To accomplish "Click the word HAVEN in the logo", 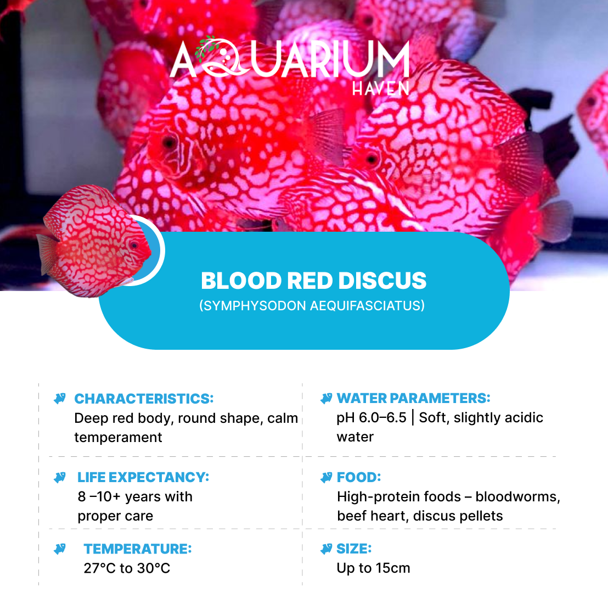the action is pyautogui.click(x=381, y=88).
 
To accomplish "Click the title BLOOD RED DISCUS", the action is pyautogui.click(x=314, y=281).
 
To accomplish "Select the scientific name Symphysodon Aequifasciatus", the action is pyautogui.click(x=312, y=305).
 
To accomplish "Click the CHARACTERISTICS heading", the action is pyautogui.click(x=144, y=399).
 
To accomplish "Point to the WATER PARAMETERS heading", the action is pyautogui.click(x=414, y=398).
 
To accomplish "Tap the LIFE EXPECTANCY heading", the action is pyautogui.click(x=143, y=477).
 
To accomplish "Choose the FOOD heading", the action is pyautogui.click(x=359, y=477).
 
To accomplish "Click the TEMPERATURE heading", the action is pyautogui.click(x=138, y=549).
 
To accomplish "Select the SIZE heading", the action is pyautogui.click(x=354, y=549).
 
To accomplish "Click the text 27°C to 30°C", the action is pyautogui.click(x=127, y=568).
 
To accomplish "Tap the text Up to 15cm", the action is pyautogui.click(x=373, y=568).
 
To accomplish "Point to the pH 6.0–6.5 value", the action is pyautogui.click(x=371, y=418).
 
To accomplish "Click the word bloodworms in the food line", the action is pyautogui.click(x=517, y=496).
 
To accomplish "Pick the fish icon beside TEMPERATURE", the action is pyautogui.click(x=60, y=549).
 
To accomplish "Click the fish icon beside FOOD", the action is pyautogui.click(x=326, y=477).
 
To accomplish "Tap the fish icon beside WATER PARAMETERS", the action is pyautogui.click(x=326, y=399).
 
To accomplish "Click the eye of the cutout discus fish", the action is pyautogui.click(x=134, y=245).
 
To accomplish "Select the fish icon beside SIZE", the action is pyautogui.click(x=326, y=549).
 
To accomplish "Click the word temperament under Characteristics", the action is pyautogui.click(x=118, y=437).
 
